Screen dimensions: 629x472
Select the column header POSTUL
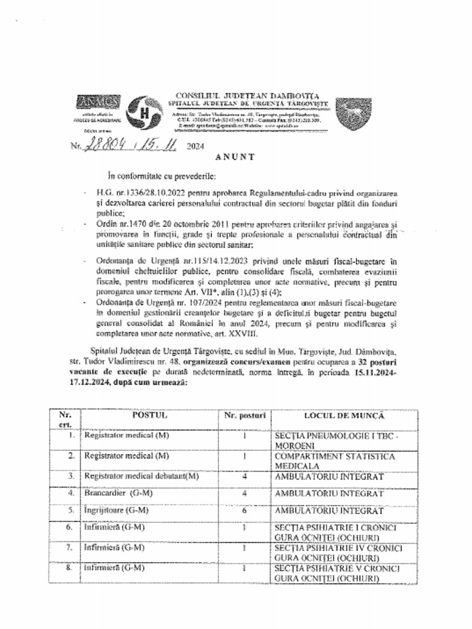click(x=149, y=416)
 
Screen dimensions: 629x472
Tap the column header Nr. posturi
click(x=245, y=416)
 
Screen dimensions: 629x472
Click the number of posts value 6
click(x=245, y=510)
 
